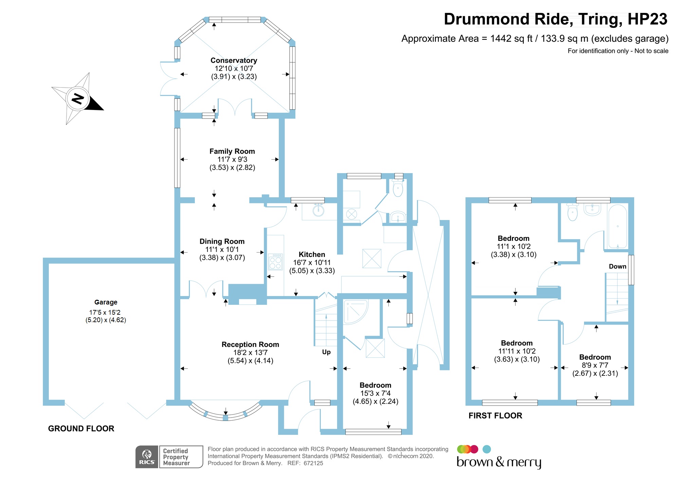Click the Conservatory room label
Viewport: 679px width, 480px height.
[234, 60]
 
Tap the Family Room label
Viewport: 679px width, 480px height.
[232, 151]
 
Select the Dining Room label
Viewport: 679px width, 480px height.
[222, 241]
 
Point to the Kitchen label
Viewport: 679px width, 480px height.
[312, 255]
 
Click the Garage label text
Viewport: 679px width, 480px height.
[106, 302]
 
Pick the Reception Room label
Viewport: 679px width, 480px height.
[250, 345]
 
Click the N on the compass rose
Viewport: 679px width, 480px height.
[78, 99]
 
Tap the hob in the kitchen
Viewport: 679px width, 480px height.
[275, 262]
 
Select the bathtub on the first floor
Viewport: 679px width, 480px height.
[618, 226]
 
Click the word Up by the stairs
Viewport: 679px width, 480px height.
[326, 352]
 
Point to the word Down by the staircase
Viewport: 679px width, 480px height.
[617, 266]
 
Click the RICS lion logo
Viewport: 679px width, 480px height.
[147, 456]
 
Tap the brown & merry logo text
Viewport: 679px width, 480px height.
[499, 462]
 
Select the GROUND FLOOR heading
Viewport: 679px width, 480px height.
[81, 428]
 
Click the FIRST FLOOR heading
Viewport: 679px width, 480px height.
[495, 416]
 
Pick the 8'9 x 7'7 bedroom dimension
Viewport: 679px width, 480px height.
[595, 365]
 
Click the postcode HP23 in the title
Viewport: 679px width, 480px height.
[647, 19]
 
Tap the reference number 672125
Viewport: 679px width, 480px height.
[313, 463]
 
